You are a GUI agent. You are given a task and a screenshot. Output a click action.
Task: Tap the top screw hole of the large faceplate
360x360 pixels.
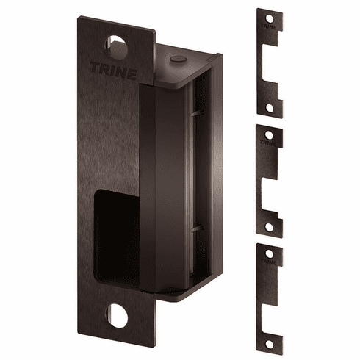[x=118, y=46]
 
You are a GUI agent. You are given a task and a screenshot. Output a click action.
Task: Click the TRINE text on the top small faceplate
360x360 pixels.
[x=270, y=29]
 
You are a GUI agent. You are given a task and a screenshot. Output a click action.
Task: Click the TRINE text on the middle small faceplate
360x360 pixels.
[x=270, y=144]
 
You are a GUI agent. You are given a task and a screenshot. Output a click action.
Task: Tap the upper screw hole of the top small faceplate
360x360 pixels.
[x=270, y=18]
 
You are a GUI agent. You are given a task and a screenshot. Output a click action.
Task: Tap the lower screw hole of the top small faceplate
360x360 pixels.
[x=270, y=108]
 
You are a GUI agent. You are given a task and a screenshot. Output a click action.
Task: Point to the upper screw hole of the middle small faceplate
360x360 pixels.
[x=270, y=134]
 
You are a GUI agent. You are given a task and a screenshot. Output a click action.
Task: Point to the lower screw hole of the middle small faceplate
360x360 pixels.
[x=270, y=225]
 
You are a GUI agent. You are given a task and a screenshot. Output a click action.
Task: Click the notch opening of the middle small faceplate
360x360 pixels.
[x=275, y=187]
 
